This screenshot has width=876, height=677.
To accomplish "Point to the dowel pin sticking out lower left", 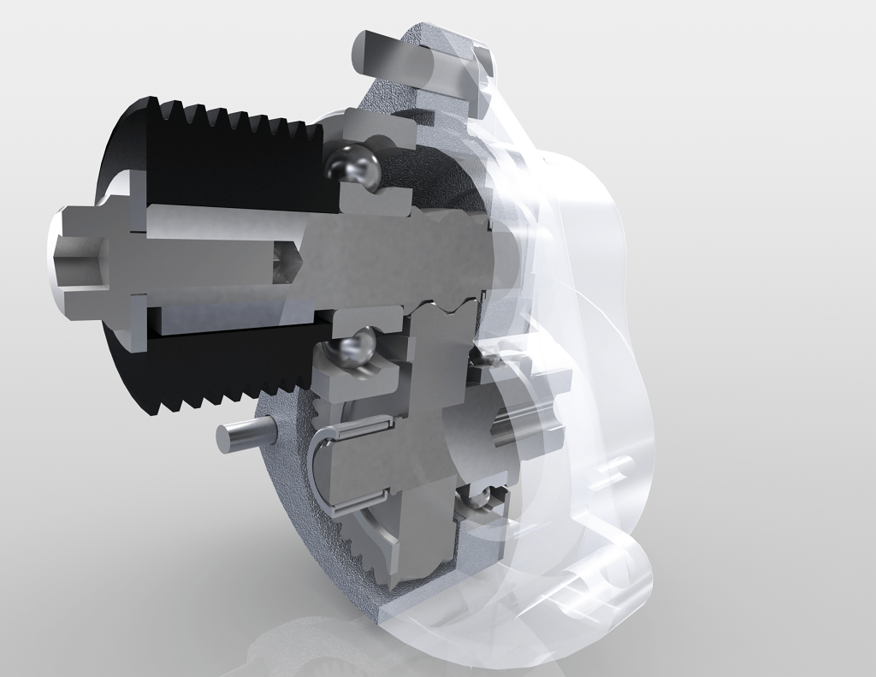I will tap(242, 436).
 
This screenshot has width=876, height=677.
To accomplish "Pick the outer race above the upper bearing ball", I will tap(376, 128).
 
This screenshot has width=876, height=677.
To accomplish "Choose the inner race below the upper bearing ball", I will tap(376, 201).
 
